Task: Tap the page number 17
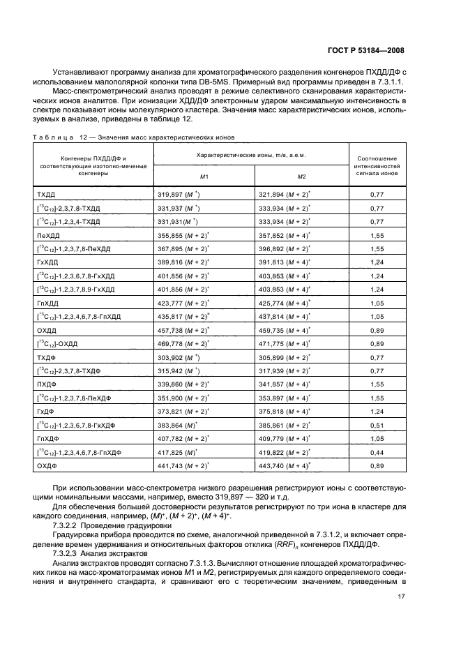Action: click(401, 596)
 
